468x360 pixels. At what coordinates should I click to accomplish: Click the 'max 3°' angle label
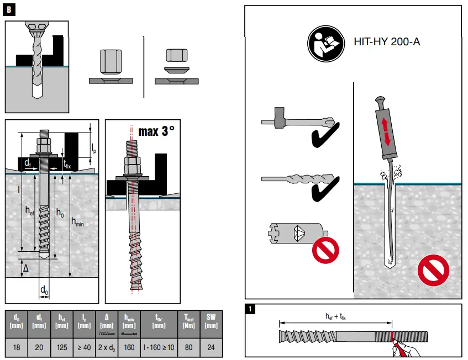tap(156, 131)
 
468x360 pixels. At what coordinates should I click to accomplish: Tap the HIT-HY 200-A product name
tap(386, 41)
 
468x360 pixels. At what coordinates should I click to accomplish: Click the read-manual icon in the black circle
tap(323, 41)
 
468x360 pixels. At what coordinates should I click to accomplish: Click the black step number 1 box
tap(251, 309)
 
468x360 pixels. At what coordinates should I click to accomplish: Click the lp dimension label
tap(94, 147)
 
